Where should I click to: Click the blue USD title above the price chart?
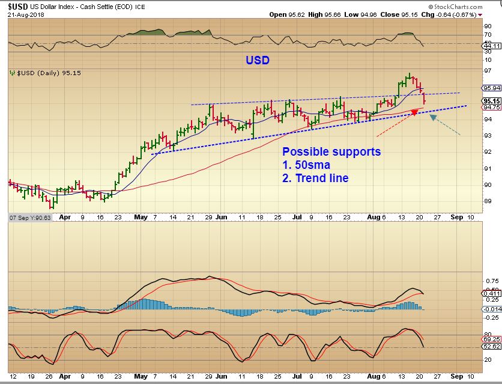click(x=258, y=60)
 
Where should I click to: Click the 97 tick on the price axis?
click(x=487, y=71)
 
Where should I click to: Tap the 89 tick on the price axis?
click(x=487, y=201)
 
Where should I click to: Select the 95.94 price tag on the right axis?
click(x=492, y=87)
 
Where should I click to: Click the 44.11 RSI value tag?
click(x=492, y=45)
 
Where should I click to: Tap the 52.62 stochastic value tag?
click(x=492, y=346)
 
